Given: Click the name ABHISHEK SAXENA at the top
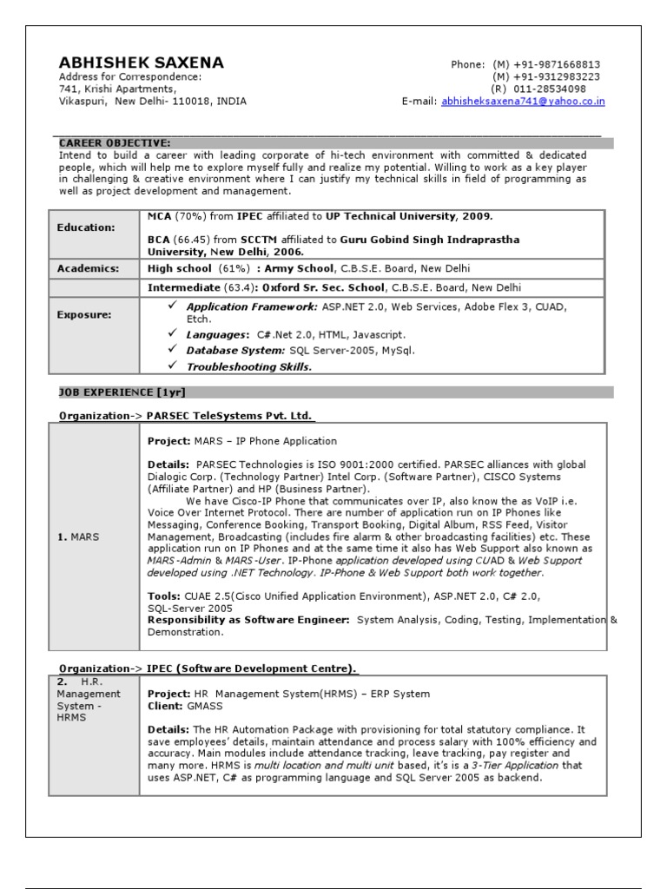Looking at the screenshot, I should [141, 63].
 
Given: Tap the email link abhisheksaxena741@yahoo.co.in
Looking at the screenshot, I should [523, 102].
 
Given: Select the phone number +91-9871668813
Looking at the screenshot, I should [557, 65].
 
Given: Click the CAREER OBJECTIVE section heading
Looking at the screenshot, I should [115, 143].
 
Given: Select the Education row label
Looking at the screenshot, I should [86, 227].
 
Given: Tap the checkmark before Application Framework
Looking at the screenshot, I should [172, 306].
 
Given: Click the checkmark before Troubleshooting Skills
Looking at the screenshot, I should [172, 366].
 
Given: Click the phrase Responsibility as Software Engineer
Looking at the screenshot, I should [248, 620].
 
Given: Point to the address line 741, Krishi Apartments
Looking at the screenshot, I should [117, 89].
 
